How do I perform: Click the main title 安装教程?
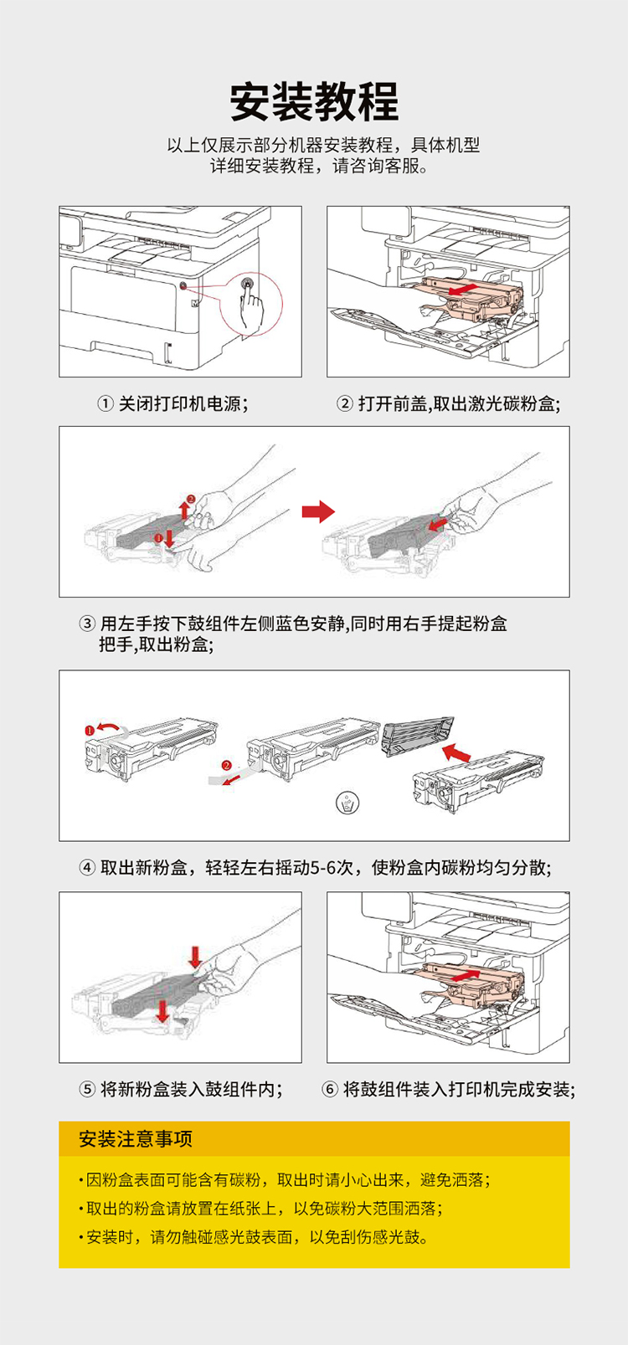pyautogui.click(x=314, y=102)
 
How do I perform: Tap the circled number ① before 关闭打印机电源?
pyautogui.click(x=106, y=404)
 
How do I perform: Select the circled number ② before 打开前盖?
pyautogui.click(x=345, y=404)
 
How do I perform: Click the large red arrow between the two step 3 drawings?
pyautogui.click(x=318, y=511)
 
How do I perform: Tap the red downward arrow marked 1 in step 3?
pyautogui.click(x=170, y=537)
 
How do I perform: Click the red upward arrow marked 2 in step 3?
pyautogui.click(x=184, y=509)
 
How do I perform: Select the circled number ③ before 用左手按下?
pyautogui.click(x=87, y=624)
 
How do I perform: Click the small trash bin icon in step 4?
pyautogui.click(x=347, y=803)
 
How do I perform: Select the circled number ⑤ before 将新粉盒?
pyautogui.click(x=87, y=1090)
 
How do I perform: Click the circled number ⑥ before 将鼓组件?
pyautogui.click(x=330, y=1090)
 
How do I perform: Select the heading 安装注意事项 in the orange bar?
pyautogui.click(x=136, y=1139)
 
